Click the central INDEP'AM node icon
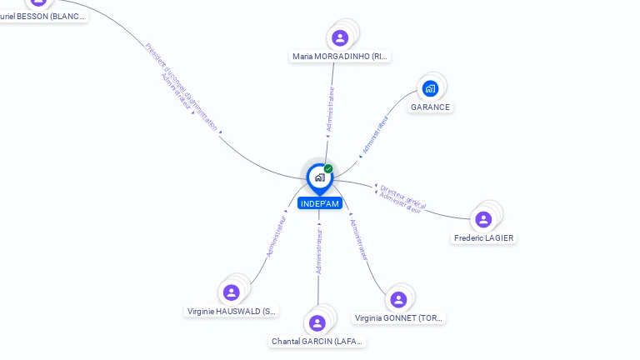(x=319, y=177)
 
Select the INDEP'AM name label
(x=319, y=203)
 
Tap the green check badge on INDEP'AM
(x=328, y=169)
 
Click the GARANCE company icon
(x=430, y=88)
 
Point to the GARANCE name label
(x=430, y=107)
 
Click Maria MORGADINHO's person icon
(x=340, y=37)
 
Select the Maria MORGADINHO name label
(x=340, y=57)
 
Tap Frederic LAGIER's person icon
(x=483, y=219)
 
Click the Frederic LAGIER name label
(x=484, y=237)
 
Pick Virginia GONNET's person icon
(x=398, y=299)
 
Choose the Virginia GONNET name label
(x=399, y=317)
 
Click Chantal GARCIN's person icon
(x=317, y=322)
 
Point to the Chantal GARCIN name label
(x=317, y=341)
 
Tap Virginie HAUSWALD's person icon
(x=232, y=292)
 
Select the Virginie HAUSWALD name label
(x=232, y=311)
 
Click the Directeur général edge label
(x=403, y=195)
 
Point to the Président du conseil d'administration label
(x=181, y=87)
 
